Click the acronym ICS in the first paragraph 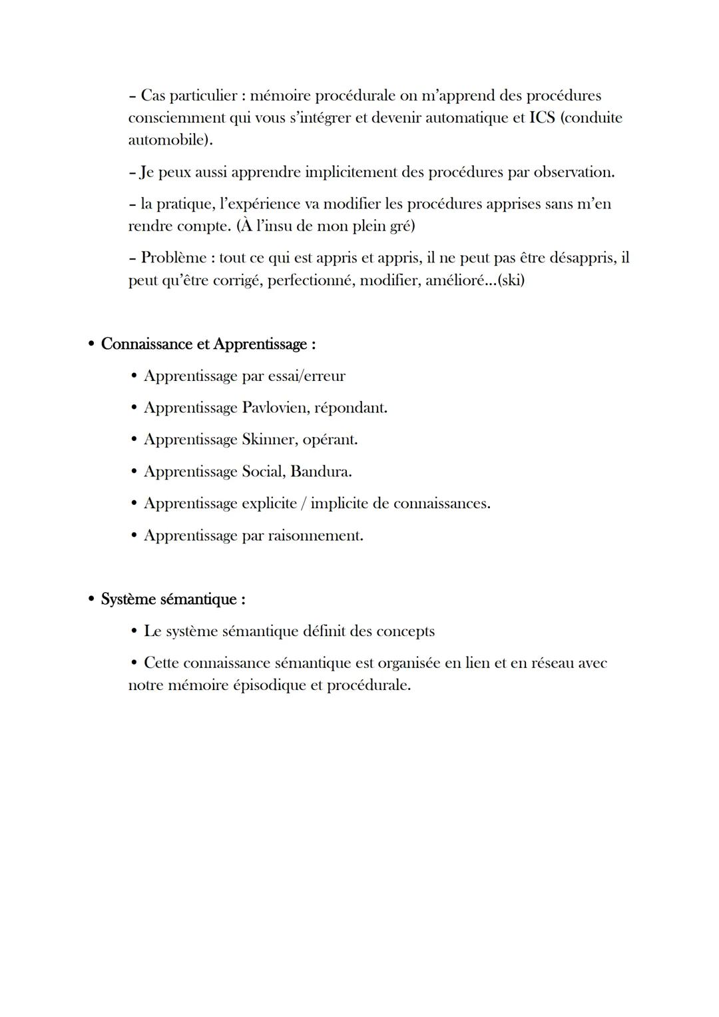click(541, 118)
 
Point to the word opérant click(330, 440)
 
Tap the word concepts click(404, 631)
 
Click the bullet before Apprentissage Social click(134, 472)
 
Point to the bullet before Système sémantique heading click(91, 599)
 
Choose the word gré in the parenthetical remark click(400, 226)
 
